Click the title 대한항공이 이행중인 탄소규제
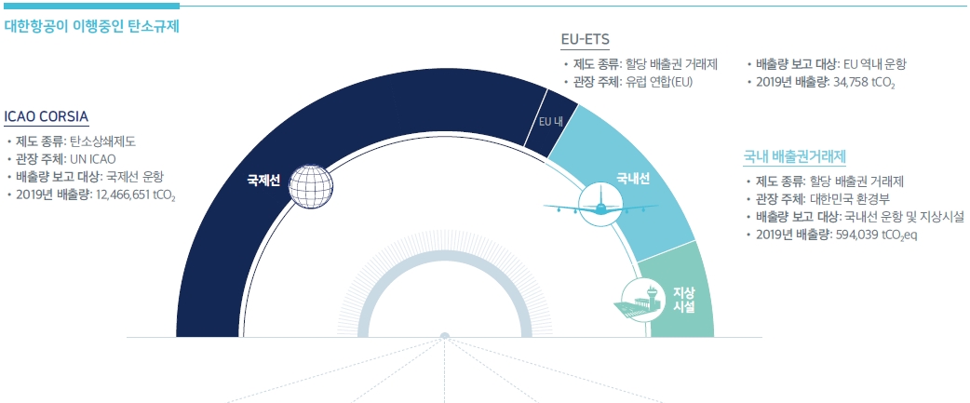click(x=91, y=27)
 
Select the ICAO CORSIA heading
click(x=47, y=117)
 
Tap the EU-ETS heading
click(x=585, y=40)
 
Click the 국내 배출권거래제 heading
click(x=794, y=156)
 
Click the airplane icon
click(x=600, y=206)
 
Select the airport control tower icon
click(x=640, y=300)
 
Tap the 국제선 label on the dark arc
click(x=263, y=181)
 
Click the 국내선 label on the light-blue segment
click(x=632, y=179)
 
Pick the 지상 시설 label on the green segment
click(x=683, y=300)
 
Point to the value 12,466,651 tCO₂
click(x=136, y=195)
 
